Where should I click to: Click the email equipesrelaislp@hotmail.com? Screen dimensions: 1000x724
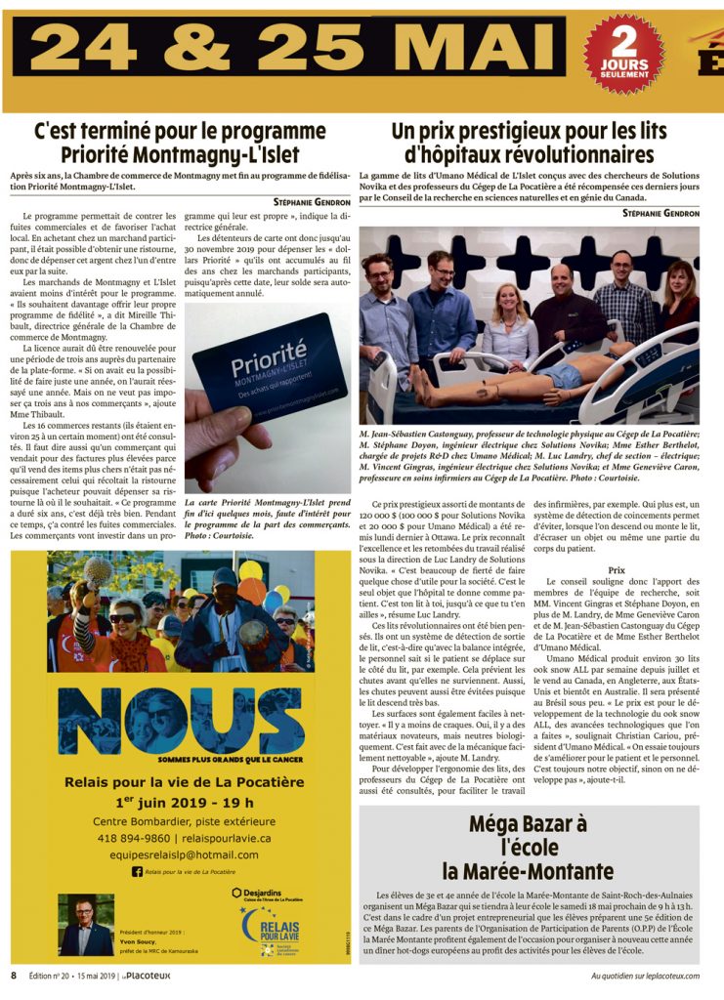pyautogui.click(x=163, y=854)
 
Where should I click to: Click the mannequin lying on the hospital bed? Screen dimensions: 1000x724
pyautogui.click(x=508, y=376)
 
